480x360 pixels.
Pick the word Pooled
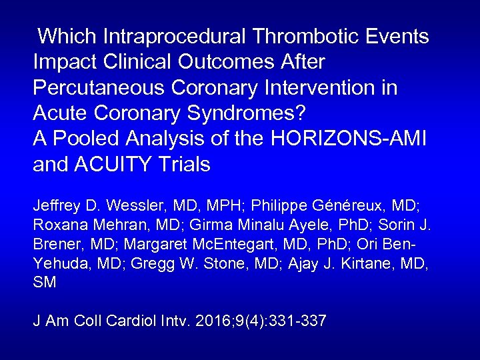[83, 139]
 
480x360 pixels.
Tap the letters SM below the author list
[45, 283]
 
